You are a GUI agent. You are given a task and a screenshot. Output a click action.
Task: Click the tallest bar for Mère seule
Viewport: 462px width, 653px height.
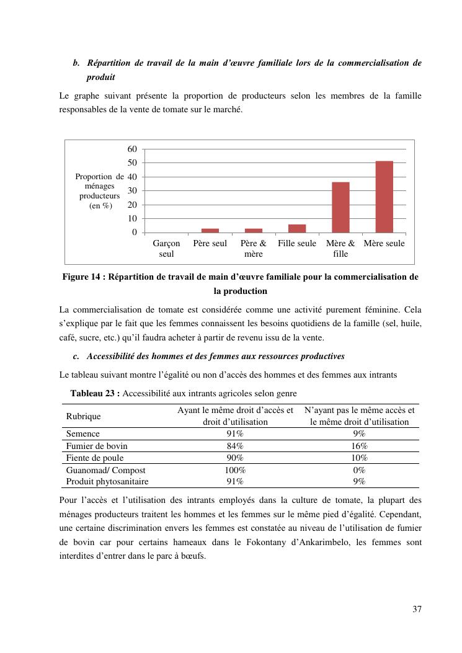[x=384, y=197]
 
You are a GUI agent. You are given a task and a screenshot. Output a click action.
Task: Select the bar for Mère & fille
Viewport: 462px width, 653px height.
[x=340, y=207]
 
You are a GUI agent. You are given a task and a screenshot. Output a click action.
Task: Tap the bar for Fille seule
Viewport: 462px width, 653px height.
[x=297, y=228]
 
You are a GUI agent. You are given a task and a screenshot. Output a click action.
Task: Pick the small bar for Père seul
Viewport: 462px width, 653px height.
[x=210, y=230]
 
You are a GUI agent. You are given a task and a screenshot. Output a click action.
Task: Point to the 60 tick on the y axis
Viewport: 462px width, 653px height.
[x=132, y=149]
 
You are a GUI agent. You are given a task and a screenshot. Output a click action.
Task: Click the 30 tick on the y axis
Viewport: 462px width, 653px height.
[x=132, y=191]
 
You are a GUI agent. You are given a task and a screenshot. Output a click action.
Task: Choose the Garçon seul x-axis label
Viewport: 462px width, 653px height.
[x=166, y=249]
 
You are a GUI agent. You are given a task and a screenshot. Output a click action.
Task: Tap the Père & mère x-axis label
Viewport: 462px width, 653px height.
[x=253, y=249]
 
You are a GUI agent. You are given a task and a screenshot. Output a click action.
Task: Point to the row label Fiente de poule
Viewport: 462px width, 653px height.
[x=95, y=458]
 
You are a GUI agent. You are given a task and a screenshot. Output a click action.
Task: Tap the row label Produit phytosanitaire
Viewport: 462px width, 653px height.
[x=107, y=481]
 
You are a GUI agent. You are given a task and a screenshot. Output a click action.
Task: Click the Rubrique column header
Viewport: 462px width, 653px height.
[x=83, y=416]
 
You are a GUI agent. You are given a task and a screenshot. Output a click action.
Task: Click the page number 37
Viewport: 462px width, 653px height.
[x=417, y=609]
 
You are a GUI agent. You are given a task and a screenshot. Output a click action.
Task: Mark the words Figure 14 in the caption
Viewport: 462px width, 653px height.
[x=82, y=277]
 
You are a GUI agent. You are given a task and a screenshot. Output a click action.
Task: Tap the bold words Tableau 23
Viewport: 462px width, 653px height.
[x=95, y=393]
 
